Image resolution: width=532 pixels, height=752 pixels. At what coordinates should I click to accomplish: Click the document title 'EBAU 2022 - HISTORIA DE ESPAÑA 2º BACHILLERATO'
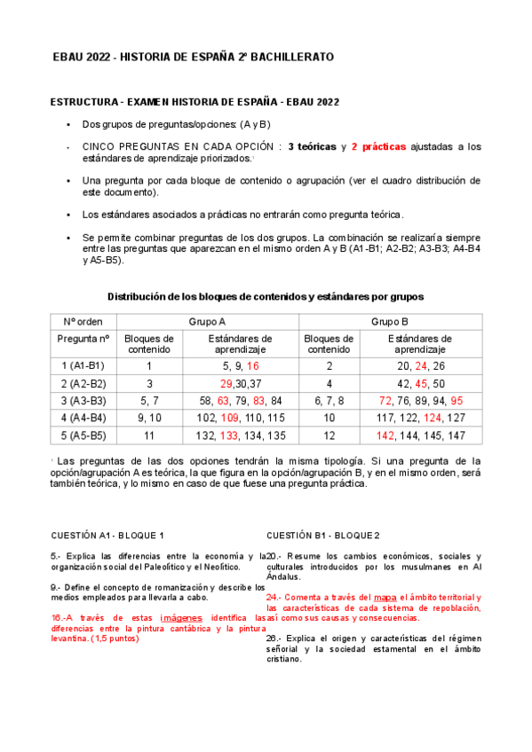pos(194,57)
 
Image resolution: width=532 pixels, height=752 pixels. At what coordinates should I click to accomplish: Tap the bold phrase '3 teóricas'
pos(312,146)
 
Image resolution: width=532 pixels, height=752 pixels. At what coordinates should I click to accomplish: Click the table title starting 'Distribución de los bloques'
pos(266,296)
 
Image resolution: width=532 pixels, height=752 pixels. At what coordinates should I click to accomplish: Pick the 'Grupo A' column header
pos(207,322)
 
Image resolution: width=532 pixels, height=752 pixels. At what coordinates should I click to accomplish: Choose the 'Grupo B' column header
pos(389,322)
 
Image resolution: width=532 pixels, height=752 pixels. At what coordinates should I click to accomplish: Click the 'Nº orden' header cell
pos(83,322)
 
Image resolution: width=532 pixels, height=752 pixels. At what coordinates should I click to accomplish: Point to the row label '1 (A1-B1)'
pos(83,365)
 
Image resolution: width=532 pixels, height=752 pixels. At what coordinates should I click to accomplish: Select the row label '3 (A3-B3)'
pos(83,401)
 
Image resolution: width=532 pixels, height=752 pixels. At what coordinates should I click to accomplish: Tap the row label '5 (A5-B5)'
pos(83,435)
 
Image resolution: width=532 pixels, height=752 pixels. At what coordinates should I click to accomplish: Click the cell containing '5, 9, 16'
pos(241,365)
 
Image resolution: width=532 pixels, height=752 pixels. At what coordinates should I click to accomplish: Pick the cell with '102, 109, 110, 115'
pos(241,418)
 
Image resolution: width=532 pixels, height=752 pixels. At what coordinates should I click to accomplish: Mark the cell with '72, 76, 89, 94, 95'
pos(420,401)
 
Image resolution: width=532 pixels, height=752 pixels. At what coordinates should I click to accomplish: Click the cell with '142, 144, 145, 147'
pos(420,435)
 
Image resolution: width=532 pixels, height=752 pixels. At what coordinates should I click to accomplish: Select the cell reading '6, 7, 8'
pos(329,401)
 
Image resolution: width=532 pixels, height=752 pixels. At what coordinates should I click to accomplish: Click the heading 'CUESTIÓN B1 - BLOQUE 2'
pos(323,536)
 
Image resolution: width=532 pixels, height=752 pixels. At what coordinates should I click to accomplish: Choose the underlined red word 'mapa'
pos(385,598)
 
